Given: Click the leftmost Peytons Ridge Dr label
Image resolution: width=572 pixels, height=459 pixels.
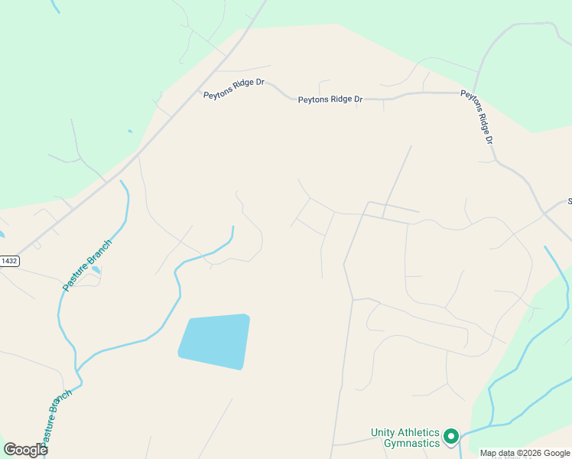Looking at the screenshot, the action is coord(234,87).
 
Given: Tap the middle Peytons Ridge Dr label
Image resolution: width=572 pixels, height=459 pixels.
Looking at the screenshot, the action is coord(330,99).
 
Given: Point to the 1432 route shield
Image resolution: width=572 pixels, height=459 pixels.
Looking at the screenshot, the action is coord(8,261).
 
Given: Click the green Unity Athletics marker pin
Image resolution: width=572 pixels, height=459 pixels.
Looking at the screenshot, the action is coord(451,437).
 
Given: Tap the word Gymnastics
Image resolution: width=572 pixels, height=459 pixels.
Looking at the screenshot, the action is coord(411,443).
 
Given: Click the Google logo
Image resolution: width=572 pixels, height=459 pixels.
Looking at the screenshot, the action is coord(25,449).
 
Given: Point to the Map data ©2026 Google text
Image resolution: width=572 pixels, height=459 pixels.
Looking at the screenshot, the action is coord(525,453).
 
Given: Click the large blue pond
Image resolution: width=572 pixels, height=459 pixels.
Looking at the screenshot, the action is coord(215,341).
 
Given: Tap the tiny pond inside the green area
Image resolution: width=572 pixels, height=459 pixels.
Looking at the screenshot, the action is coord(130,132).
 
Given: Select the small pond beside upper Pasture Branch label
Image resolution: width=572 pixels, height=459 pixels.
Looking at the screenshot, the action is coord(96,270).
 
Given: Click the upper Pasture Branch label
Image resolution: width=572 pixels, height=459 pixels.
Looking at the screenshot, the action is coord(87,265).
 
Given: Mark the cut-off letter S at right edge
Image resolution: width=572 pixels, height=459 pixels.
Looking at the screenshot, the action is coord(569,202).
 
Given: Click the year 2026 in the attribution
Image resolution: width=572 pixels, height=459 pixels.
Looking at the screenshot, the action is coord(528,453).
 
